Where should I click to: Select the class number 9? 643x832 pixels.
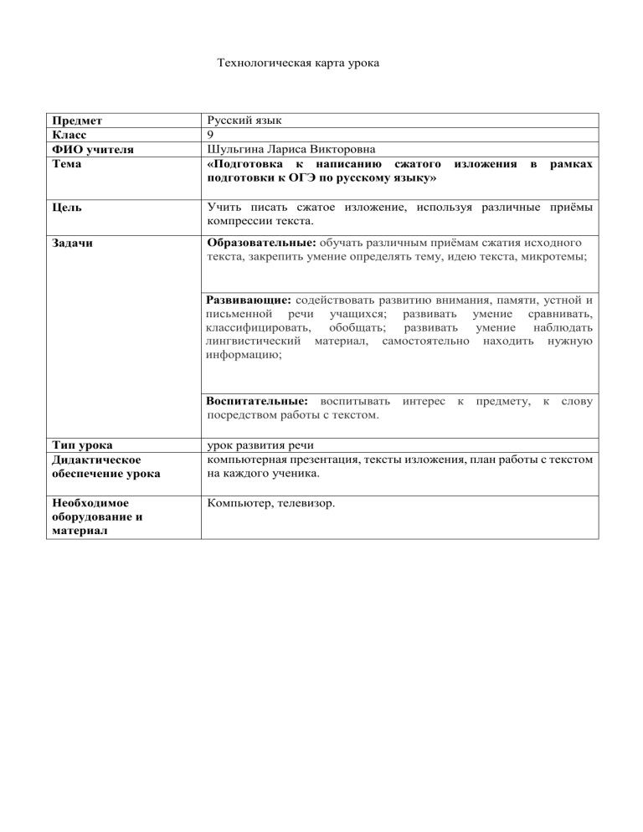coord(209,134)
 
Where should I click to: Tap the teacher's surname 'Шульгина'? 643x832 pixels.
coord(235,149)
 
